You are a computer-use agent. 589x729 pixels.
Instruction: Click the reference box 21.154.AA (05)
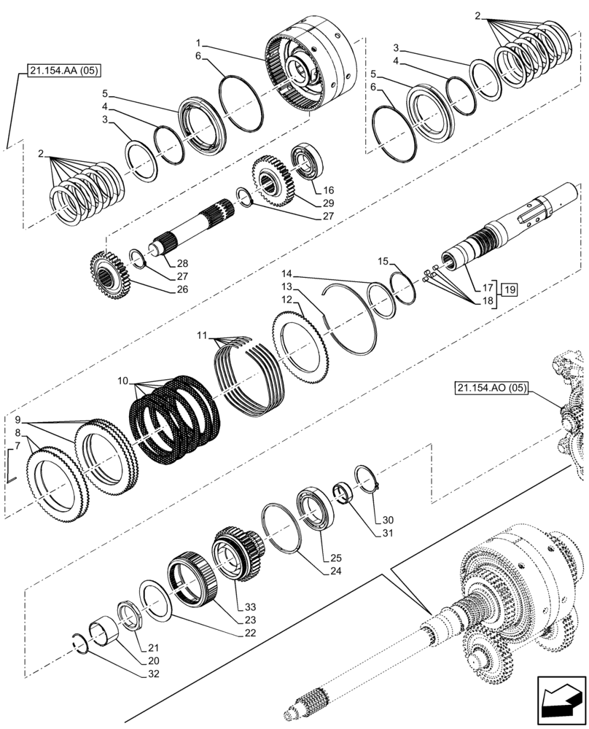[65, 71]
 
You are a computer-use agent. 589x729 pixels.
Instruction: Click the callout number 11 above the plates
[201, 336]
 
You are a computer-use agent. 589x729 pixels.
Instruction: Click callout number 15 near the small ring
[383, 261]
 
